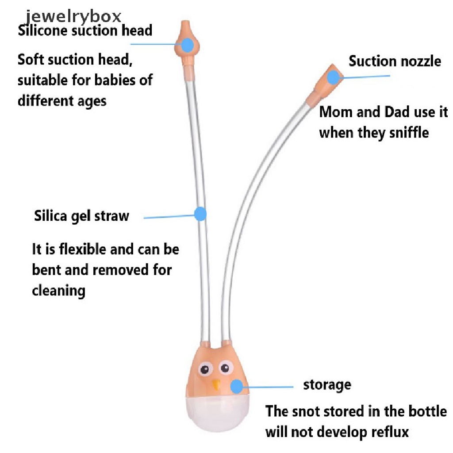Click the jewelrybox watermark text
[73, 17]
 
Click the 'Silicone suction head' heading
[85, 31]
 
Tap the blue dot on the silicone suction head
[188, 45]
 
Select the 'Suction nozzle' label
[395, 61]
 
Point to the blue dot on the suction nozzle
[333, 77]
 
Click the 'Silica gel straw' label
[81, 216]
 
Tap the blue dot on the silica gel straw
[200, 214]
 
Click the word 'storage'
[327, 385]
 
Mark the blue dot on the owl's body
[237, 387]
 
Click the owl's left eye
[205, 369]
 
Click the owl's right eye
[226, 368]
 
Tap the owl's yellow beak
[216, 384]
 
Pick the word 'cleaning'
[59, 291]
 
